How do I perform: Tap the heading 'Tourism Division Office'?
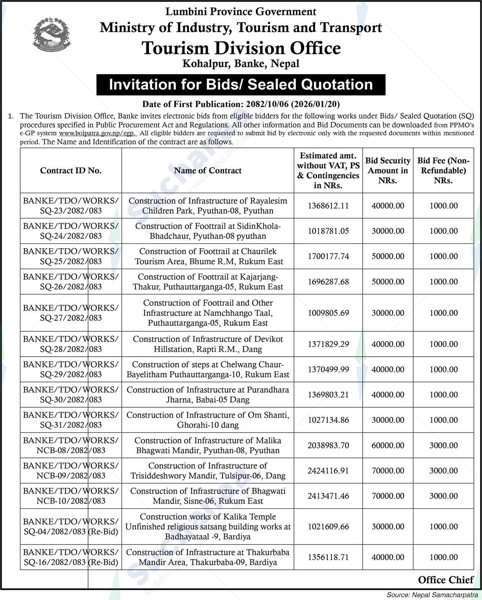tap(241, 48)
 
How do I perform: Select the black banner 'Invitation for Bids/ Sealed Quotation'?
tap(241, 84)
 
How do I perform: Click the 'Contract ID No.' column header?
tap(71, 170)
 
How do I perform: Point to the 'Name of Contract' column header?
tap(207, 170)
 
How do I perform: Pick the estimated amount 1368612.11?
tap(328, 206)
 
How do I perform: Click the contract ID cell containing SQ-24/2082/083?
tap(71, 231)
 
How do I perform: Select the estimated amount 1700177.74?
tap(328, 256)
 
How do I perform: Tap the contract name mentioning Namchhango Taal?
tap(207, 313)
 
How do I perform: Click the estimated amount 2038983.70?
tap(328, 446)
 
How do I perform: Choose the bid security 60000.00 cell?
tap(388, 446)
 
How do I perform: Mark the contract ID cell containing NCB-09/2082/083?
tap(71, 470)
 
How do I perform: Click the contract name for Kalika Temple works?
tap(207, 527)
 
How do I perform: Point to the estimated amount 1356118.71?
tap(328, 557)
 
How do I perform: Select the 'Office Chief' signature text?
tap(446, 580)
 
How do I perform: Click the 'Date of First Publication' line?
tap(241, 104)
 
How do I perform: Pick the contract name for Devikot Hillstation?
tap(207, 344)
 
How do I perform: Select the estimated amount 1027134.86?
tap(328, 420)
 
